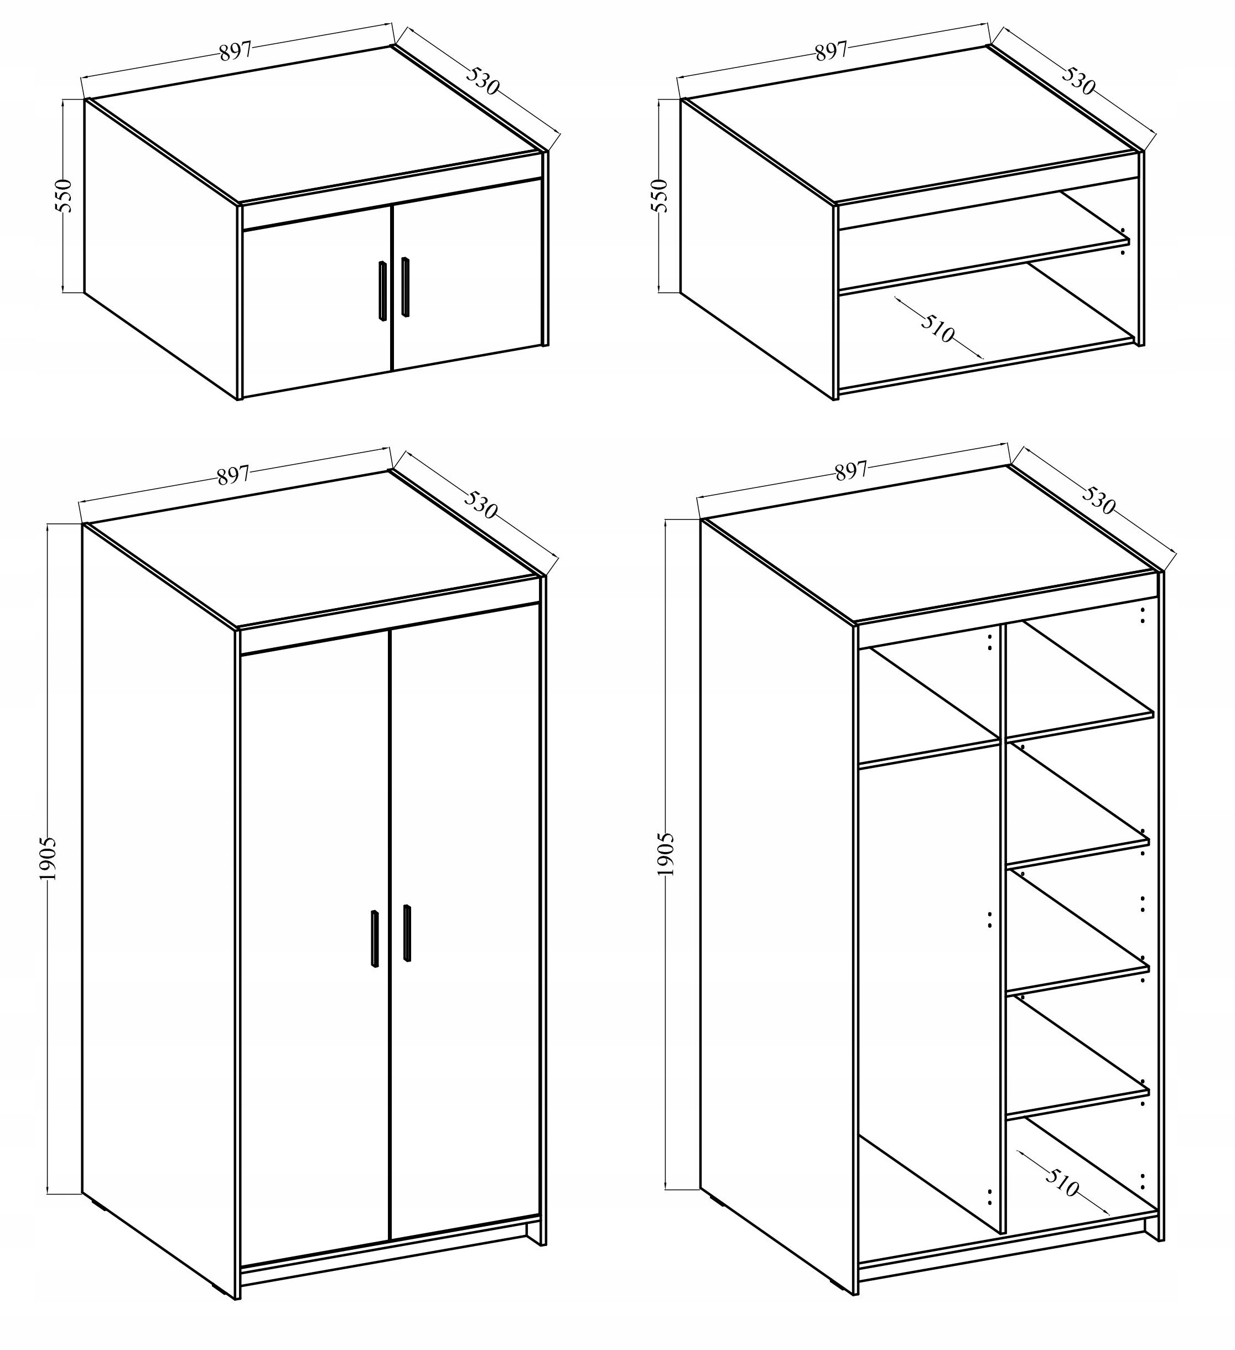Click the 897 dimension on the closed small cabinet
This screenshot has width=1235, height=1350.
point(235,51)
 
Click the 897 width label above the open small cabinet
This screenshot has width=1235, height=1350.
point(831,51)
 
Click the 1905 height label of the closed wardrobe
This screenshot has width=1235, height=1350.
point(49,859)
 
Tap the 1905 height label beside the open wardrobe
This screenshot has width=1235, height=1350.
point(666,855)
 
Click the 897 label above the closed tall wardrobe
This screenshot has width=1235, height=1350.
point(233,475)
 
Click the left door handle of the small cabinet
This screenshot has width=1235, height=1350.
point(382,290)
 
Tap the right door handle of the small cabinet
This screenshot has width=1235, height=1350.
point(405,287)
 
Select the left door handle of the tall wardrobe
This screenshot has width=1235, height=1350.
point(375,937)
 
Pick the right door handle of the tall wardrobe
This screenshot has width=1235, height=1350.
point(407,933)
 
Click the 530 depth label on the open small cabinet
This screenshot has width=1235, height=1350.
point(1079,80)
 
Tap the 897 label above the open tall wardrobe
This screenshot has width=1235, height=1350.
point(850,471)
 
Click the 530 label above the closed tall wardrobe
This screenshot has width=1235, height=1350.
point(480,503)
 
